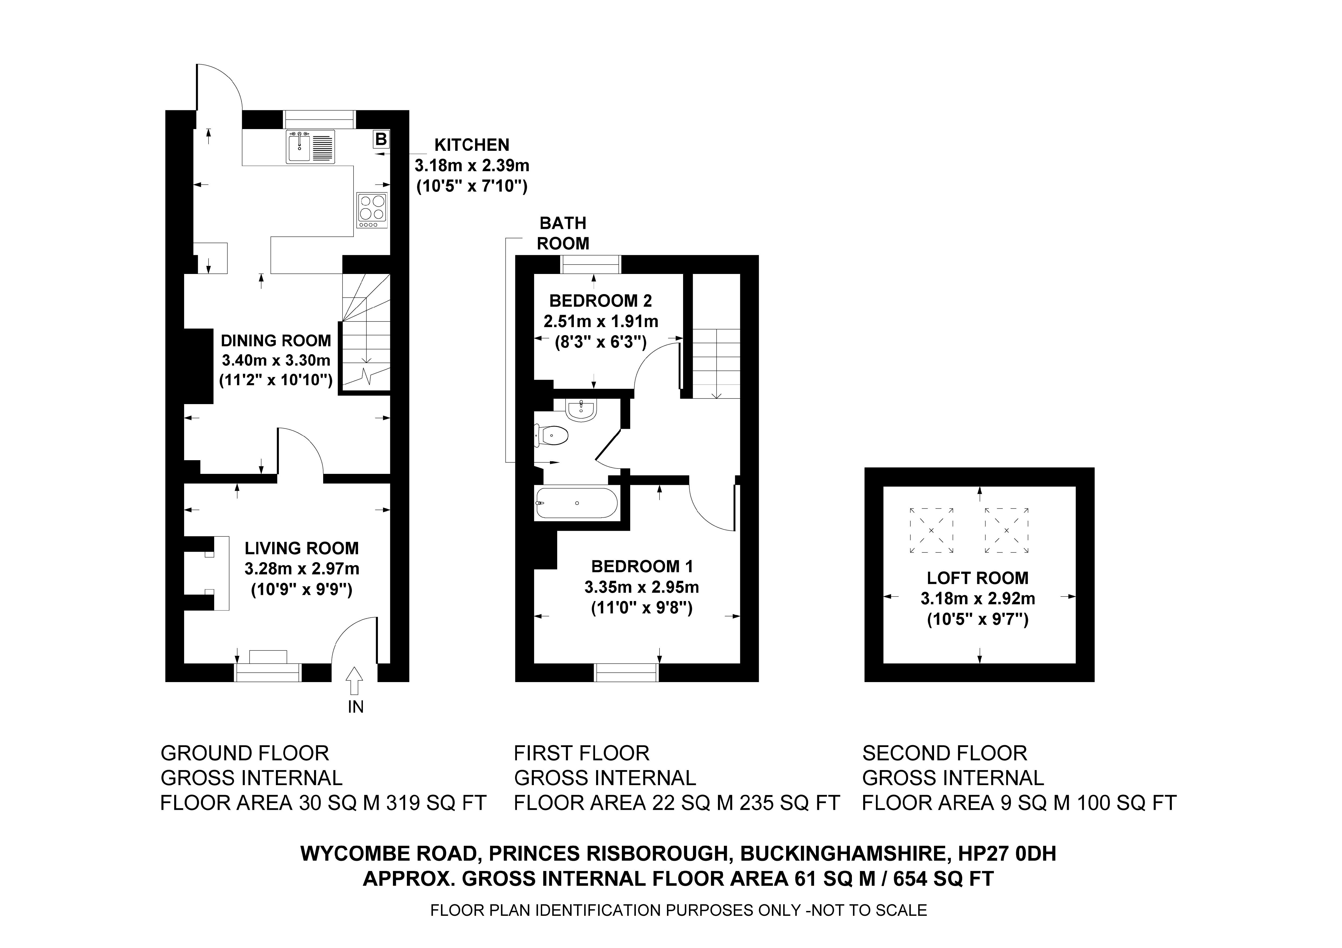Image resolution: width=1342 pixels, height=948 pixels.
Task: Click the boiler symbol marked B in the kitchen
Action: click(x=381, y=139)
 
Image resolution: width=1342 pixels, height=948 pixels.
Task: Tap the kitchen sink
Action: click(x=299, y=147)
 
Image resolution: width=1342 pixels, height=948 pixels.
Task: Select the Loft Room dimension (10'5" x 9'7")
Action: click(x=977, y=619)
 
